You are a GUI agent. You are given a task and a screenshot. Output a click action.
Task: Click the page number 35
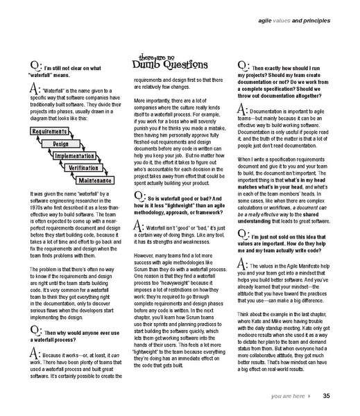coord(326,396)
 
